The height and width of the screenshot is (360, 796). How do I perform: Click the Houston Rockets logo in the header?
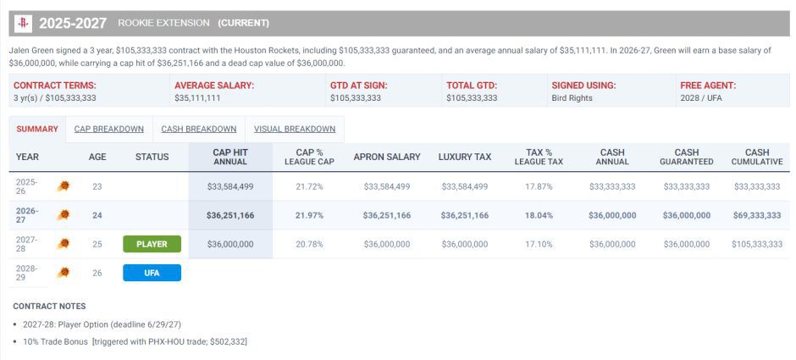click(x=24, y=24)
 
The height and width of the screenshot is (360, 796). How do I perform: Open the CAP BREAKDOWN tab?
click(x=109, y=129)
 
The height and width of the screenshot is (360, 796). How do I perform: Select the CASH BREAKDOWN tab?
click(x=199, y=129)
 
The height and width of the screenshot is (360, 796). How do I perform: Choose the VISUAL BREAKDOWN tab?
click(x=295, y=129)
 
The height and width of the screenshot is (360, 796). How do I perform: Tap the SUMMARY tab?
click(x=37, y=129)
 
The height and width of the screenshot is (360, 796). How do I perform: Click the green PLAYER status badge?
click(x=152, y=244)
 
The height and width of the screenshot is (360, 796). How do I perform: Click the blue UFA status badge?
click(x=152, y=273)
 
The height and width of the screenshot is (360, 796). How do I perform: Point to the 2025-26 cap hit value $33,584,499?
click(x=230, y=186)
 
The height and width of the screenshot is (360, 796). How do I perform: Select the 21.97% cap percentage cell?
click(x=309, y=215)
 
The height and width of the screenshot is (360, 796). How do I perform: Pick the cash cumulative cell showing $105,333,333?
click(x=757, y=244)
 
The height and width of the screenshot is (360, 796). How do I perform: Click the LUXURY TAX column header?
click(x=465, y=157)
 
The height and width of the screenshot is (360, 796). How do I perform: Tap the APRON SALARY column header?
click(x=387, y=157)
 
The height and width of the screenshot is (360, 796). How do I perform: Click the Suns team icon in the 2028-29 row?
click(x=63, y=273)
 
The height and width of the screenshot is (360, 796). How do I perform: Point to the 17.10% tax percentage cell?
click(x=539, y=244)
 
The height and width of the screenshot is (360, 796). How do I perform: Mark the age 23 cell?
click(x=97, y=186)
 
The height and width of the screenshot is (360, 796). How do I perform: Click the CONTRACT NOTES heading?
click(x=49, y=306)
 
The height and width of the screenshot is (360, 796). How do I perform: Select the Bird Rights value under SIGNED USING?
click(x=572, y=98)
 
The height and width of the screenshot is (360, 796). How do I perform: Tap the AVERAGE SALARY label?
click(x=214, y=86)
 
